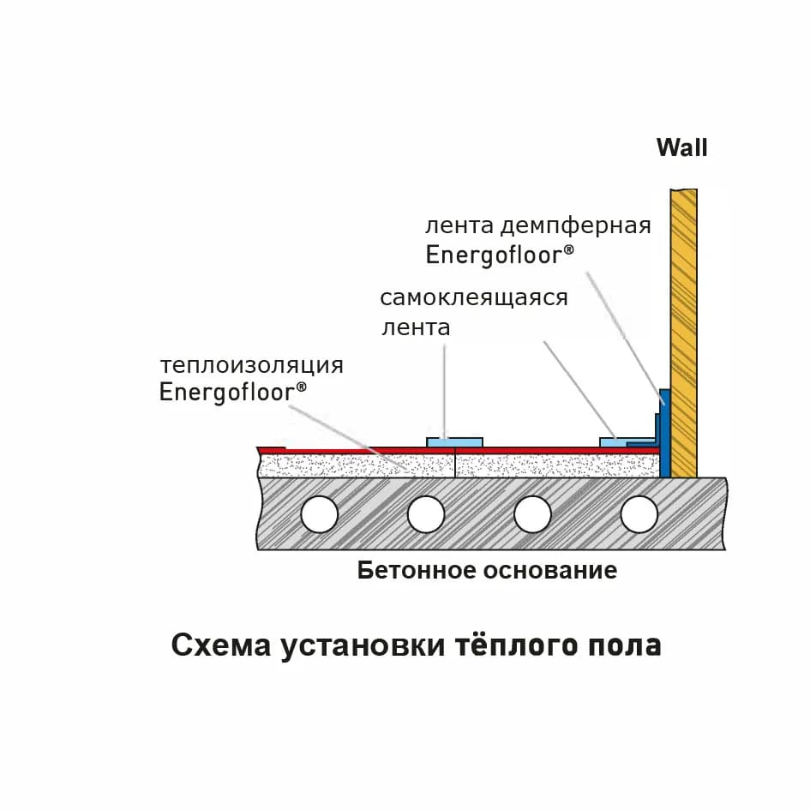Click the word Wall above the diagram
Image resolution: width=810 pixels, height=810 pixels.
point(682,147)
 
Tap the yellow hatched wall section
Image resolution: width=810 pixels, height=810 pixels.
point(684,333)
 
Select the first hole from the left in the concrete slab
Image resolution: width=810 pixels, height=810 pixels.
point(319,514)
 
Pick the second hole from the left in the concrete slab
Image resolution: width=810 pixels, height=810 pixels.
point(426,514)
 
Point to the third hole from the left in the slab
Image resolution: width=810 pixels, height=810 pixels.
point(532,514)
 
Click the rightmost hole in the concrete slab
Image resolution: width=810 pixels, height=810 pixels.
point(639,514)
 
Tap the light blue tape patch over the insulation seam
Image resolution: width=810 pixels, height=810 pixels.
point(454,442)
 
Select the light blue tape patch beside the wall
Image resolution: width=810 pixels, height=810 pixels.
point(615,442)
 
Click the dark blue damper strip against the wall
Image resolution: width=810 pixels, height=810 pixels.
point(665,434)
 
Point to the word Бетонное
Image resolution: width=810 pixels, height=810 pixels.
point(417,571)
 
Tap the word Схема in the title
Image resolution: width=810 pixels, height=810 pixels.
point(221,645)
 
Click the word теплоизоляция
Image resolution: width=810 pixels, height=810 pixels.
point(252,366)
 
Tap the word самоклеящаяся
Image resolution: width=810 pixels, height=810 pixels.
point(474,298)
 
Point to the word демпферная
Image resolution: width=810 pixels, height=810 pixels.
point(576,227)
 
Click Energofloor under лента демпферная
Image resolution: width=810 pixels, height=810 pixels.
point(500,255)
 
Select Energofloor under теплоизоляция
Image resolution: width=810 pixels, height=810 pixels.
point(232,393)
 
